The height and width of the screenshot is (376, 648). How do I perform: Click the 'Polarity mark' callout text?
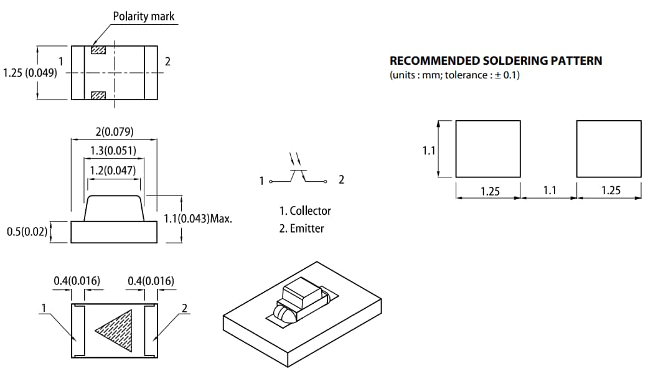click(143, 16)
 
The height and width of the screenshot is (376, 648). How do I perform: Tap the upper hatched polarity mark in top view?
click(98, 50)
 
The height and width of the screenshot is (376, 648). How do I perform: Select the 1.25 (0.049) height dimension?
click(30, 72)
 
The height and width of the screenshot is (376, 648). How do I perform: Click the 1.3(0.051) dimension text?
click(113, 151)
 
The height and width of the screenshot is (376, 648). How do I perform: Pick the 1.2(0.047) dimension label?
click(113, 170)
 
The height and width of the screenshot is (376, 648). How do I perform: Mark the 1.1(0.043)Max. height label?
click(198, 219)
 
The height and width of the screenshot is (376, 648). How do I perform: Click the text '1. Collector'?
click(305, 210)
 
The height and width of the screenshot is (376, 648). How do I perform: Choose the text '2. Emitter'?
click(301, 228)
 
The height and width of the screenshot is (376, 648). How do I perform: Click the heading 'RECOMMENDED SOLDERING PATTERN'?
click(495, 61)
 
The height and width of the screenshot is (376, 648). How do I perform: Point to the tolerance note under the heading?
click(454, 75)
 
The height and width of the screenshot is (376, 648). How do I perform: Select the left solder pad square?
click(487, 149)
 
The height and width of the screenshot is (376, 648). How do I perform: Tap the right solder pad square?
click(608, 149)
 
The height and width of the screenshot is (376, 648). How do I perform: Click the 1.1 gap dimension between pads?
click(549, 190)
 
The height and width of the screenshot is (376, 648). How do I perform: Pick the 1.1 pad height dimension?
click(428, 151)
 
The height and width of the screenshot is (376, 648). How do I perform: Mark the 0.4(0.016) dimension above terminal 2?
click(151, 281)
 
